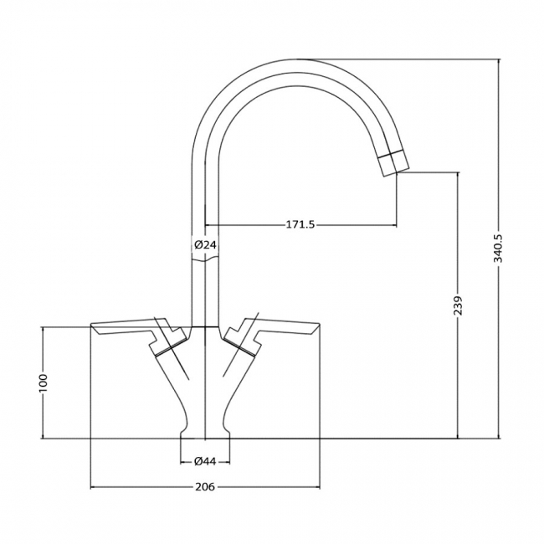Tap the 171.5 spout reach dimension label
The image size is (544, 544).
pos(300,225)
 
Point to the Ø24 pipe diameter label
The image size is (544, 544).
pos(205,244)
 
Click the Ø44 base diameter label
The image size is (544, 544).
pos(206,461)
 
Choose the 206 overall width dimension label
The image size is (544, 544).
pos(205,487)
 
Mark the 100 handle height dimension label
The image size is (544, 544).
pos(44,382)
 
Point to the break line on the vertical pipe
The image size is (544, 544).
pos(205,261)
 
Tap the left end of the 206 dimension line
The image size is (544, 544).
pos(90,487)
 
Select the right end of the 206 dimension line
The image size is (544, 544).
pos(320,487)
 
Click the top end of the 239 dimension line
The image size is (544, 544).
pos(458,172)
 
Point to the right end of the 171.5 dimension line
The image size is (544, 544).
pos(397,225)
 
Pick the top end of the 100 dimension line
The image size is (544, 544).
pos(44,326)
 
